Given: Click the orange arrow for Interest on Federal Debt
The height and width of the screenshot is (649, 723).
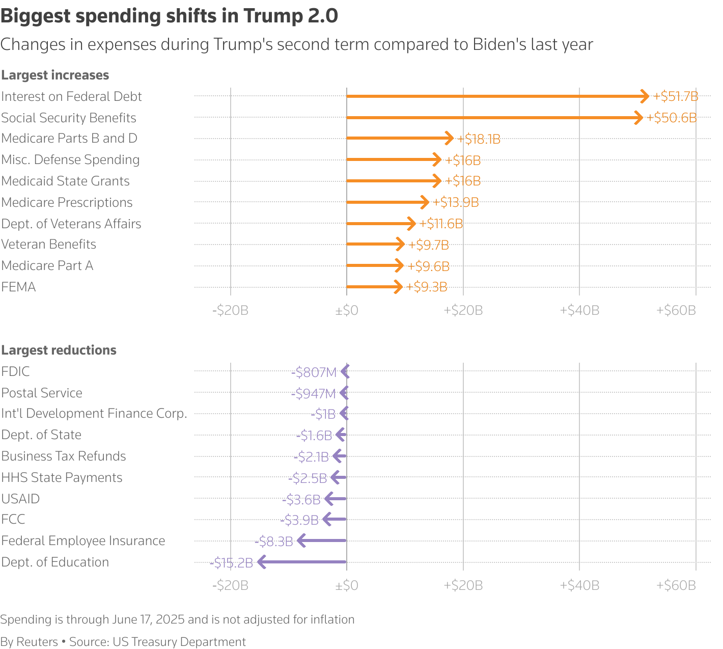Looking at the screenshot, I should pos(496,96).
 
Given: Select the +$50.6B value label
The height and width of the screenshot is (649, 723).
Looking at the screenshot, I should pos(671,118).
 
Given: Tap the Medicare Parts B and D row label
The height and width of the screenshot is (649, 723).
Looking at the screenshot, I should pos(69,139).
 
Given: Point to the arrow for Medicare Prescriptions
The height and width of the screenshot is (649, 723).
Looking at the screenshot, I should pos(387,202).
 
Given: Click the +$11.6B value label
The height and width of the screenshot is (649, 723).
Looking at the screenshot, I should pos(441,224).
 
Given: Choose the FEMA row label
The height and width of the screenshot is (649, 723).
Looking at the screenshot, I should pos(18,287).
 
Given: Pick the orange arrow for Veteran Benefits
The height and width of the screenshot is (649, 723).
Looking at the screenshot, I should pos(375,245).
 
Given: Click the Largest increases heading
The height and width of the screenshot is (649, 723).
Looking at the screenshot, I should pos(55,75).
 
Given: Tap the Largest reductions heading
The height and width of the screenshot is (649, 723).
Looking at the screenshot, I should pos(59,350).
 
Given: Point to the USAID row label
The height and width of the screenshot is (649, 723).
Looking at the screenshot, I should pos(20,499).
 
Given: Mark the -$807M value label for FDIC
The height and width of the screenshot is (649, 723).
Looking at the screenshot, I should pos(314,372).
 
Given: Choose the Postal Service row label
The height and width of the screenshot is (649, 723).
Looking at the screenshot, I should pos(42,393).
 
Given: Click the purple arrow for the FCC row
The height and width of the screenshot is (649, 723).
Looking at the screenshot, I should pos(335,520).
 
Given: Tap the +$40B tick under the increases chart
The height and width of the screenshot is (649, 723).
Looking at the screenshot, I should pos(579,310).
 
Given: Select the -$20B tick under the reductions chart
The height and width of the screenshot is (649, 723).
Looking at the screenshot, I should pos(230,585).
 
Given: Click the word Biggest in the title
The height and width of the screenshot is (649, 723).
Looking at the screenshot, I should pos(35,16).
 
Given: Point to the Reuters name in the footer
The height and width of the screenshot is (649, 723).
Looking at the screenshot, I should pos(37,642).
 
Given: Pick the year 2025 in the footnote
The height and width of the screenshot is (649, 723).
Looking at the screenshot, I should pos(171,619).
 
